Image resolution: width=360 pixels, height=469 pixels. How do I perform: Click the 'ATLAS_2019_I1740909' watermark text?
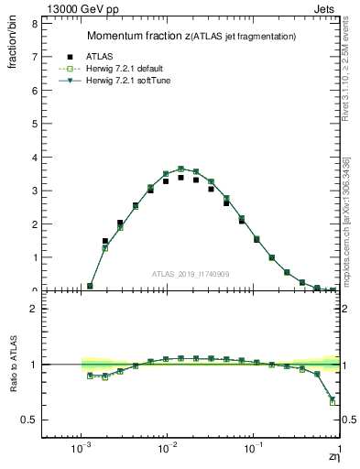pos(190,274)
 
